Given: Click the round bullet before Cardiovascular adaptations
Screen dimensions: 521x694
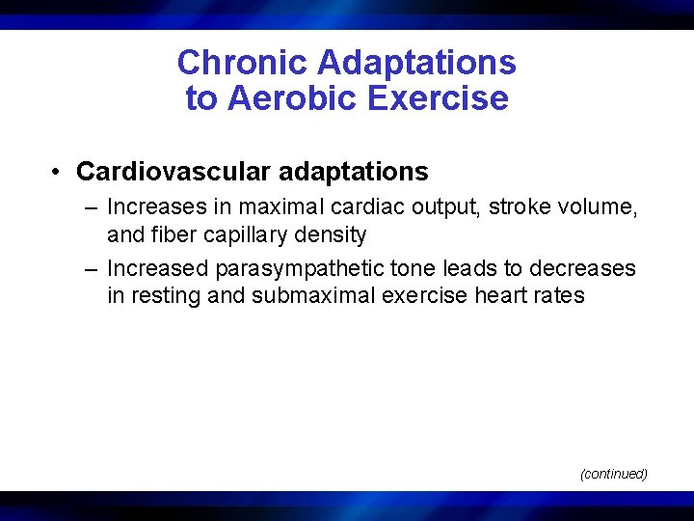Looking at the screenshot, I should (60, 173).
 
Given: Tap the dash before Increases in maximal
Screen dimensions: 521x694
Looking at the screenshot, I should (91, 206).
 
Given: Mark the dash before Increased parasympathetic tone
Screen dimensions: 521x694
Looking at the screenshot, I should (91, 268).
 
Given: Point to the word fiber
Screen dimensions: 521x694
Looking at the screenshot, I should (166, 234).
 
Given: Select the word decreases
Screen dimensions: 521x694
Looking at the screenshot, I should (584, 268).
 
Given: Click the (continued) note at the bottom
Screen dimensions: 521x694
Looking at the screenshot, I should (613, 474).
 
